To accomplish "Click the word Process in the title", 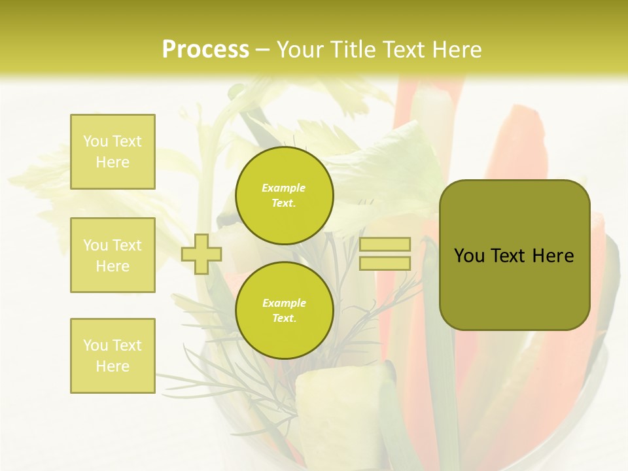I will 205,50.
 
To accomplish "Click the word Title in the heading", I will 351,50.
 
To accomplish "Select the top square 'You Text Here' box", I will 113,152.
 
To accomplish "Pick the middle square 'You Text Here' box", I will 113,255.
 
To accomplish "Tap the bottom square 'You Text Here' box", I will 113,356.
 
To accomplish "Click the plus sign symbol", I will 201,254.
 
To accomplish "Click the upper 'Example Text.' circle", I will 284,196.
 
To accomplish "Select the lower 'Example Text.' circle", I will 284,311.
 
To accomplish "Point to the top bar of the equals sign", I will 385,245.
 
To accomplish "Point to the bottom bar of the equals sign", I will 385,264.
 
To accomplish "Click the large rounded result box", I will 514,255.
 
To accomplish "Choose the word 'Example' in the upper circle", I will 284,188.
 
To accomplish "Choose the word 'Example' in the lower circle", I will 284,304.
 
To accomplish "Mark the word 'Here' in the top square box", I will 113,162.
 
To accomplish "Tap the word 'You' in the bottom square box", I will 95,345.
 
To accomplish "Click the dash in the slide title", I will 262,50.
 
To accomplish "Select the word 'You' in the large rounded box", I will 469,256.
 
